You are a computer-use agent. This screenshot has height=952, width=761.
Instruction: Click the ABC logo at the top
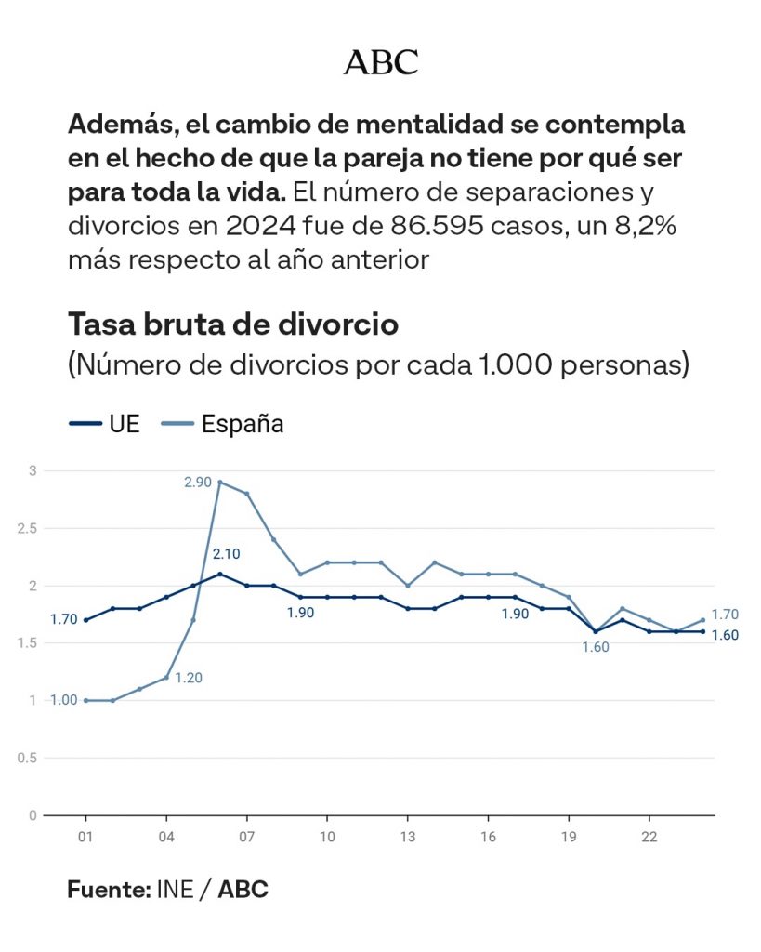coord(380,63)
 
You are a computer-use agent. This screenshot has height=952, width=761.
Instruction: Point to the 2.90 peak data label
coord(197,482)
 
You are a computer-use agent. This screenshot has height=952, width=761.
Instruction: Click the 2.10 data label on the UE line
coord(226,553)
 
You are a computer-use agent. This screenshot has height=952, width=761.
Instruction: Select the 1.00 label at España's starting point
coord(64,700)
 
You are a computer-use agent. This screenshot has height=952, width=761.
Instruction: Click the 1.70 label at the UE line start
coord(64,619)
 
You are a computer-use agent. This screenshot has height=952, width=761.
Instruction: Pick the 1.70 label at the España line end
coord(725,615)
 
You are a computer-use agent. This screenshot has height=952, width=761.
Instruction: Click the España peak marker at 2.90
coord(220,483)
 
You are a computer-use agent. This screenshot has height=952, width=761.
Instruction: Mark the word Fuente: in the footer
coord(109,890)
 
